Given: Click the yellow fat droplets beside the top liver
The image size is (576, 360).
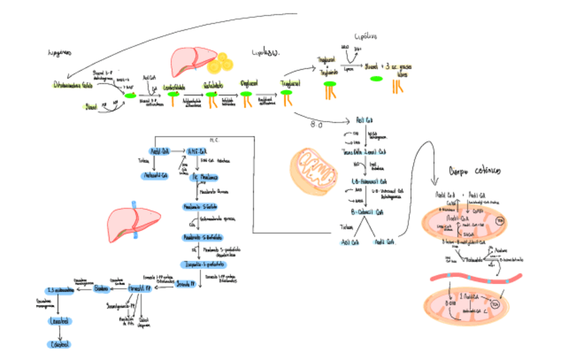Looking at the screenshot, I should (x=220, y=64).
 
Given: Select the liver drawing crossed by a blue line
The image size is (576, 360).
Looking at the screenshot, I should (x=133, y=223).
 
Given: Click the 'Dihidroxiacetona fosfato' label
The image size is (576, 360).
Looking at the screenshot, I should (x=72, y=86).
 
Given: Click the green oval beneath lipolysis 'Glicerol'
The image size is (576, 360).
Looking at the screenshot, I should (x=376, y=79).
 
